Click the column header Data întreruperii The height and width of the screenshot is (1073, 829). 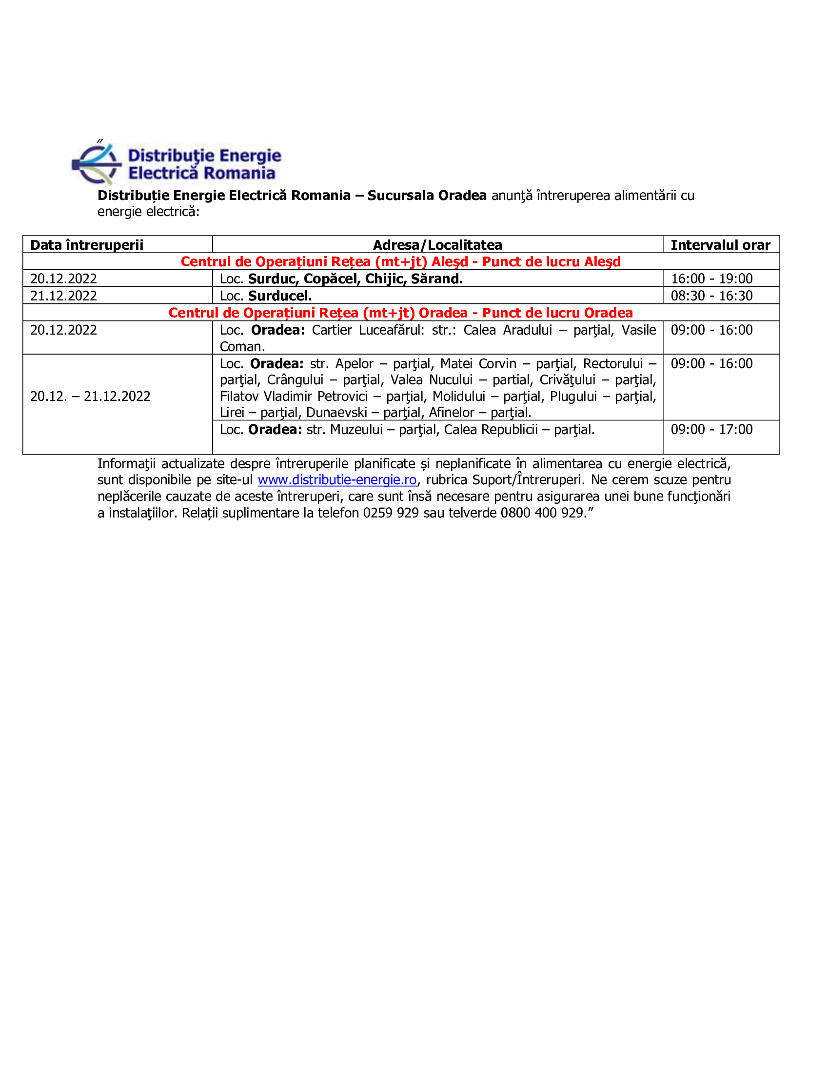[x=87, y=245]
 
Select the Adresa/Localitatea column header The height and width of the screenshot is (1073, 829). [x=437, y=245]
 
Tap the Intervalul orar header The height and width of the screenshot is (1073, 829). [x=720, y=245]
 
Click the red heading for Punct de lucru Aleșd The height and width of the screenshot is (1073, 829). [x=400, y=261]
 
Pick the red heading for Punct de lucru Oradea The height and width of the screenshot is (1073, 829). [x=400, y=313]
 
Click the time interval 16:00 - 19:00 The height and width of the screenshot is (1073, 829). [x=711, y=278]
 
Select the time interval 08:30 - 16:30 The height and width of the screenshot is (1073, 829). [x=711, y=296]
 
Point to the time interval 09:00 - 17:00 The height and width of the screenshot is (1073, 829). [x=711, y=429]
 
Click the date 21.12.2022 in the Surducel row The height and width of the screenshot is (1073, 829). [x=64, y=296]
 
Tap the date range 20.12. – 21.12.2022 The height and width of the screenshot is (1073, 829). [x=90, y=396]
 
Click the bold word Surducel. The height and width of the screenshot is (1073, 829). [x=279, y=296]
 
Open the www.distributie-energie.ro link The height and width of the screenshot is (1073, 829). [x=337, y=479]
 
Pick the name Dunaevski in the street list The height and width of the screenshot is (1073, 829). [x=336, y=413]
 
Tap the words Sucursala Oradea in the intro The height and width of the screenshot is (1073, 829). [x=426, y=195]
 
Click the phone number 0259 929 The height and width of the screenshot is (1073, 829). [x=391, y=513]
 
